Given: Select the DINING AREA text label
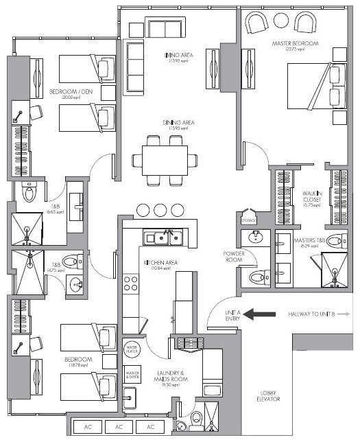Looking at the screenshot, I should [178, 123].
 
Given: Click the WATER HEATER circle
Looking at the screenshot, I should [132, 349].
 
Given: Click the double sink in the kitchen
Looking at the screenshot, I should [163, 238].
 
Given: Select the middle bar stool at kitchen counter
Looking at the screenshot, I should [160, 209].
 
